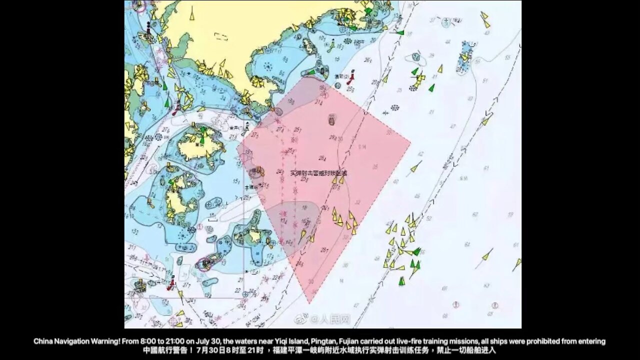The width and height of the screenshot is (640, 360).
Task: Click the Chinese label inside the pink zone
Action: (318, 172)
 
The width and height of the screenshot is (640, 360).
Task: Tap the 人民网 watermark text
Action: (336, 318)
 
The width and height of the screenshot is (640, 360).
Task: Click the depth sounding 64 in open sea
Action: (467, 244)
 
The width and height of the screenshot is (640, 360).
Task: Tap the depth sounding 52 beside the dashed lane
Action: (428, 218)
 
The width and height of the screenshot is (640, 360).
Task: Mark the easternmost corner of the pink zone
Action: (410, 142)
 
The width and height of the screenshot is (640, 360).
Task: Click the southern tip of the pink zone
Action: (309, 302)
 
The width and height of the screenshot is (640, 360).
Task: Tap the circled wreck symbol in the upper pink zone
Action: (331, 119)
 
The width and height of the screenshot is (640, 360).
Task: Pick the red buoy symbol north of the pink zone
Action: (350, 78)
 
